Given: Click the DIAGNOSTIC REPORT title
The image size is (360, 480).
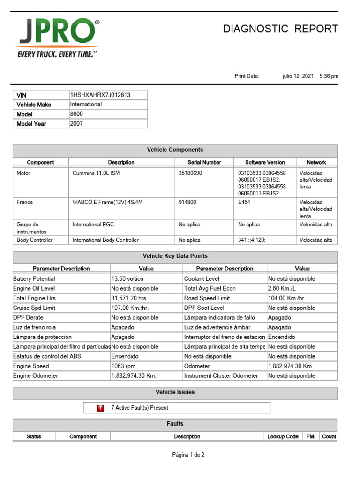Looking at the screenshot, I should tap(280, 29).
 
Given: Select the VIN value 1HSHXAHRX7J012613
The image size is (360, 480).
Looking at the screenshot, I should tap(100, 95).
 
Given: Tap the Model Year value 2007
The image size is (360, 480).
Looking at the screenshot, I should tap(76, 124).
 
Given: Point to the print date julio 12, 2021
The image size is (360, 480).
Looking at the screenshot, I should tap(298, 76).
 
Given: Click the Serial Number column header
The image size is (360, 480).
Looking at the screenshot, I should tap(204, 162).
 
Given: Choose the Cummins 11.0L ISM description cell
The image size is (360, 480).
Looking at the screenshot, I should tap(93, 172).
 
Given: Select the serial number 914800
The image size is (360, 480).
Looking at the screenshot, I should tap(187, 202).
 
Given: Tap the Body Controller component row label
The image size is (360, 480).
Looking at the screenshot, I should tap(35, 240).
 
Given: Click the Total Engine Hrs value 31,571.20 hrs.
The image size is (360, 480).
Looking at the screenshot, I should tap(130, 298).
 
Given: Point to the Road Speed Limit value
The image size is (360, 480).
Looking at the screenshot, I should tap(286, 298).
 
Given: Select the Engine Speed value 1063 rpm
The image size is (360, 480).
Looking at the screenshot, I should tap(123, 366).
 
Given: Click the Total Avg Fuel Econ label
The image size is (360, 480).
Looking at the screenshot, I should tap(210, 289).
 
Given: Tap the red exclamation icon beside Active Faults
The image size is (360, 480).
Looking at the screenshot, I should tap(100, 408).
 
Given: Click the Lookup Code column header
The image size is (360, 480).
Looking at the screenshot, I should tap(283, 436).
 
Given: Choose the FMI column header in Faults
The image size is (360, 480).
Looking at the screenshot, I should tap(311, 436).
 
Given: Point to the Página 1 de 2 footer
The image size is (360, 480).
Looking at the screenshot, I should tap(188, 455).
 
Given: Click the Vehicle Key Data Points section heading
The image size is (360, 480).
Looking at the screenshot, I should tap(175, 256).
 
